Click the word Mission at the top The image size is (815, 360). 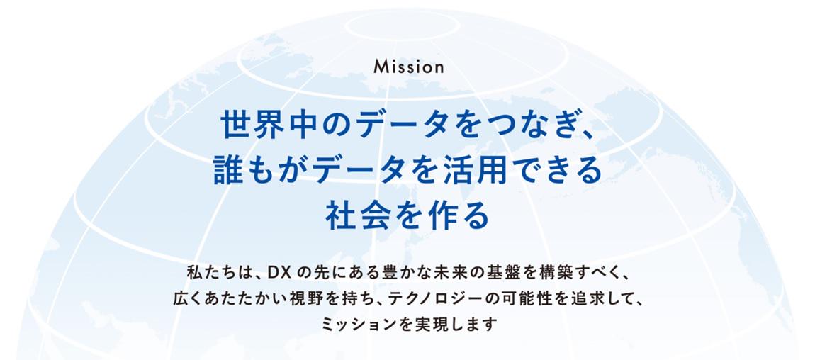point(408,67)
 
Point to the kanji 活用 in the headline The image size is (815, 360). point(474,171)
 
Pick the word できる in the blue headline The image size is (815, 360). point(554,171)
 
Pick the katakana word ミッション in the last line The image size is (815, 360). point(354,325)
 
